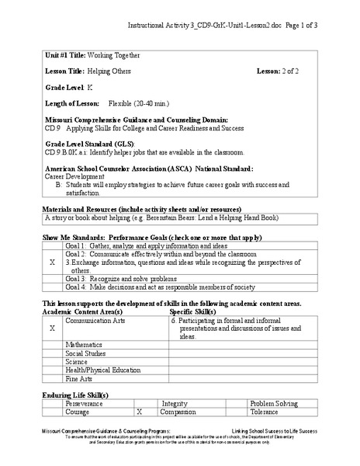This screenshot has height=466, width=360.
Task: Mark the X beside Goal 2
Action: point(52,263)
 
